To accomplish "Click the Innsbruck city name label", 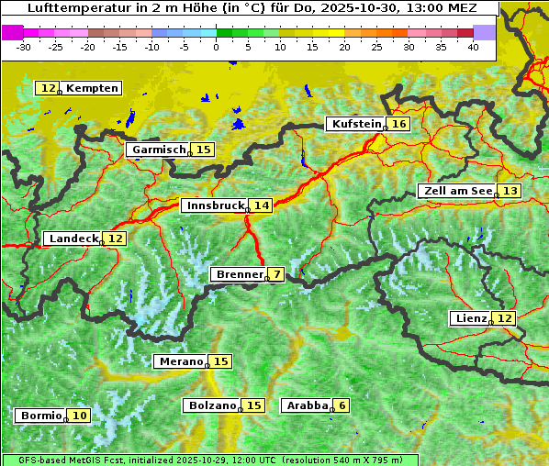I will (x=214, y=206).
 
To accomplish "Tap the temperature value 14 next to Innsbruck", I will (x=263, y=206).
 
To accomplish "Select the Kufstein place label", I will (x=355, y=124).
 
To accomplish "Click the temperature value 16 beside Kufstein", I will (x=398, y=124).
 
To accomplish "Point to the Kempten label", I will (x=92, y=88).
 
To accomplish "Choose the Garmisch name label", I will (x=158, y=150).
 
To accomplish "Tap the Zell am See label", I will (x=456, y=191).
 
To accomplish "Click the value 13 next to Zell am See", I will (x=510, y=191).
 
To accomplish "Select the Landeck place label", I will (x=73, y=239).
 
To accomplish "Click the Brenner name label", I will (x=238, y=274).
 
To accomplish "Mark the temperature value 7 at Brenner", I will (x=276, y=274).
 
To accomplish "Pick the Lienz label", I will (x=470, y=318).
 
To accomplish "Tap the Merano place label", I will (x=179, y=361).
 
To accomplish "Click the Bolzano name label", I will (x=211, y=405).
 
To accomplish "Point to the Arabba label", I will (x=306, y=405).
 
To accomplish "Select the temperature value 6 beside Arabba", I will (x=342, y=405).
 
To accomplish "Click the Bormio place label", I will (x=39, y=416).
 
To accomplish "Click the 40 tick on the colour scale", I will (x=473, y=46).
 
